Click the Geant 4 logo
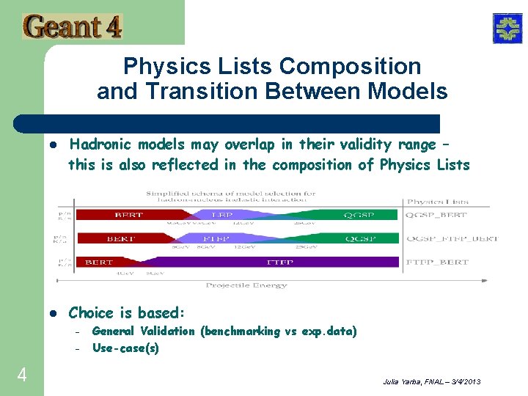(x=73, y=26)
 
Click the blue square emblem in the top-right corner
(x=507, y=29)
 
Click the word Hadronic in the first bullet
(x=101, y=144)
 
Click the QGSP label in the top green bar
(x=361, y=215)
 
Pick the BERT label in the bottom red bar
(x=99, y=262)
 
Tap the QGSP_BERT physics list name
(x=438, y=215)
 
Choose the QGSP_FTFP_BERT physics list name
(x=452, y=238)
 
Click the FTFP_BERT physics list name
(x=438, y=262)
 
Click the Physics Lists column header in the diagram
(x=438, y=201)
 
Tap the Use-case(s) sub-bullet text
(x=125, y=348)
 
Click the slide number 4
(x=22, y=375)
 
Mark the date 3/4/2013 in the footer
(x=463, y=383)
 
